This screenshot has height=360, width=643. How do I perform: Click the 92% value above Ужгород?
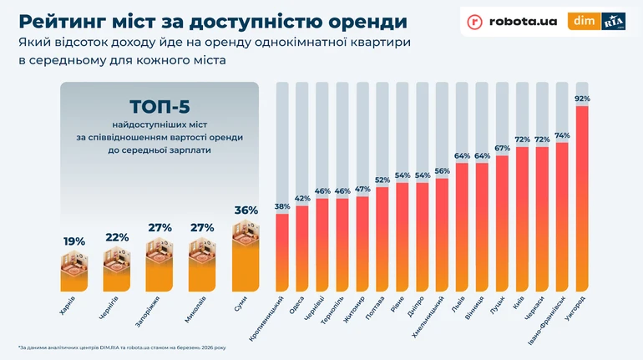(x=582, y=99)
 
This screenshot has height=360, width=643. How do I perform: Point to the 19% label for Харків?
(x=74, y=241)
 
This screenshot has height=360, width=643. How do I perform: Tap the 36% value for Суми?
(x=246, y=210)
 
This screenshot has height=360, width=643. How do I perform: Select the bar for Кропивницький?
(x=282, y=251)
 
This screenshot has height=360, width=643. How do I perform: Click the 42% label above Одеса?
(x=302, y=199)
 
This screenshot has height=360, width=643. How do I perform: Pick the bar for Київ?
(x=523, y=217)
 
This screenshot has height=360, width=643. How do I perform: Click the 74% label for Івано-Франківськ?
(x=562, y=135)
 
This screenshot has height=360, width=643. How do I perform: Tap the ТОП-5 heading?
(x=159, y=108)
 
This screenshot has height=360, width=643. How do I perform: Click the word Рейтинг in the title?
(x=67, y=19)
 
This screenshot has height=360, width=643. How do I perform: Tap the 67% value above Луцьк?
(x=502, y=149)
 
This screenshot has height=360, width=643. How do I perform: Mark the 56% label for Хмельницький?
(x=442, y=171)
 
